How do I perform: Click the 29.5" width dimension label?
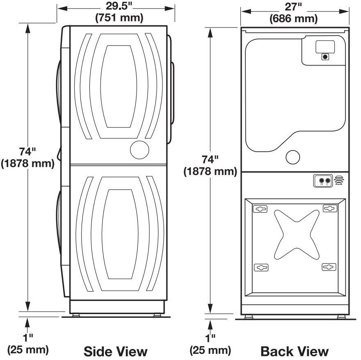point(119,6)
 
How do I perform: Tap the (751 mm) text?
point(119,18)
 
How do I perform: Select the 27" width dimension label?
point(293,7)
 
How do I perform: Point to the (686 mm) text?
point(294,18)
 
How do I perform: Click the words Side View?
point(115,351)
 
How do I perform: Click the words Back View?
point(295,351)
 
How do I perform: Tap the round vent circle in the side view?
point(139,150)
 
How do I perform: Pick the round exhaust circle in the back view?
point(292,157)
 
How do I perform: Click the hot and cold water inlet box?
point(323,181)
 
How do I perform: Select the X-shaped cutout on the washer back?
point(297,235)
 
